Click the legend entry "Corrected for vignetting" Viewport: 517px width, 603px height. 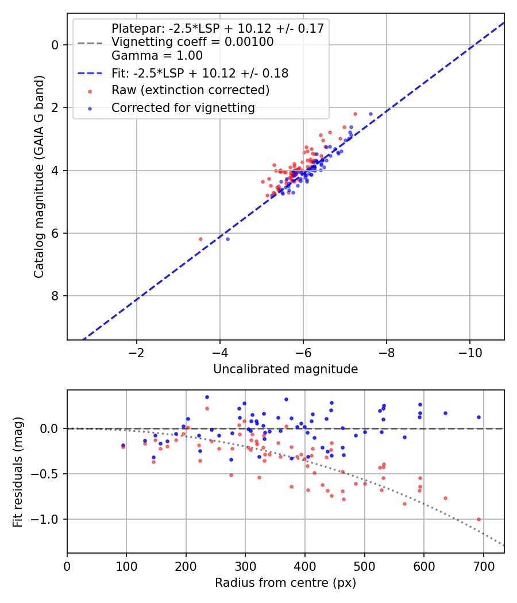coord(183,107)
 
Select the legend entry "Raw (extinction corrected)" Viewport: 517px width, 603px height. coord(190,90)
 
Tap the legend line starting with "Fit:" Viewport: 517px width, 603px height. coord(200,74)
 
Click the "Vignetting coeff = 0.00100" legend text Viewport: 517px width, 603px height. coord(192,42)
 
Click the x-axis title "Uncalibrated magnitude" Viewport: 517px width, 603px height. coord(285,369)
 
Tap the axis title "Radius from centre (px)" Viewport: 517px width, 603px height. coord(285,583)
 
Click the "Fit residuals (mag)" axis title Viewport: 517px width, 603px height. coord(18,471)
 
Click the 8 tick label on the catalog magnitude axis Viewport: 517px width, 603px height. coord(56,296)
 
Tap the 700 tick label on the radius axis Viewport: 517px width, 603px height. coord(483,566)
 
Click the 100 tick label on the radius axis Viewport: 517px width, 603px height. coord(126,566)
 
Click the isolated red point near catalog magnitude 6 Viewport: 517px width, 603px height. coord(200,239)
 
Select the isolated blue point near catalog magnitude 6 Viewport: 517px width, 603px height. coord(227,239)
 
